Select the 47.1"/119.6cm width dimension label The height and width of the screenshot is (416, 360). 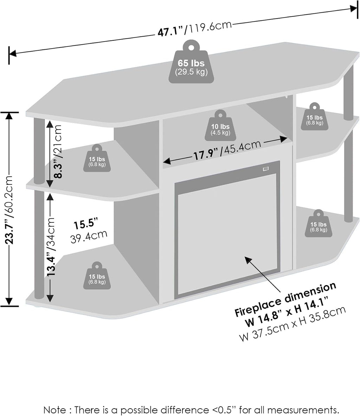195,29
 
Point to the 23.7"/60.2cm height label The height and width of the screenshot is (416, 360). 9,210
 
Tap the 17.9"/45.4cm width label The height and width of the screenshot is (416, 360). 227,150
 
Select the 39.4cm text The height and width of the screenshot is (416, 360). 89,237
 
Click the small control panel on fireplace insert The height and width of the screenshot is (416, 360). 266,169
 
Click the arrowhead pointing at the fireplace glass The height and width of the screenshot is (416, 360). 247,259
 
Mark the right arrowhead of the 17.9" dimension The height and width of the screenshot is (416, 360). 284,139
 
